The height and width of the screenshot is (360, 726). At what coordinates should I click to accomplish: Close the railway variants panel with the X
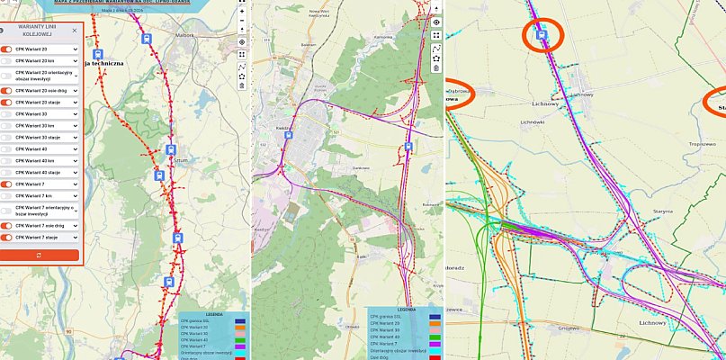[75, 30]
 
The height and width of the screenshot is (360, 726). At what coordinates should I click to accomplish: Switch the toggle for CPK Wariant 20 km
[6, 60]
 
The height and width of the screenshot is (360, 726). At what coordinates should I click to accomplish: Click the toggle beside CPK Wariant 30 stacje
[6, 137]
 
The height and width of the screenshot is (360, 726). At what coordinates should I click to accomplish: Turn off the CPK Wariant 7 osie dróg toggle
[6, 225]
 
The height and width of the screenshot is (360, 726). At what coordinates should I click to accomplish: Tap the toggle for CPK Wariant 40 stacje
[6, 171]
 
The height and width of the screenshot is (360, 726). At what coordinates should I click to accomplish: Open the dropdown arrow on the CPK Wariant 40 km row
[76, 160]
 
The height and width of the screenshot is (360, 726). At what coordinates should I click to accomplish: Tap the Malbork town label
[184, 35]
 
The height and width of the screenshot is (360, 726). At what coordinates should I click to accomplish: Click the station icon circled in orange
[542, 35]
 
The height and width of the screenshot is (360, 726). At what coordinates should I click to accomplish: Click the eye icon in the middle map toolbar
[436, 22]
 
